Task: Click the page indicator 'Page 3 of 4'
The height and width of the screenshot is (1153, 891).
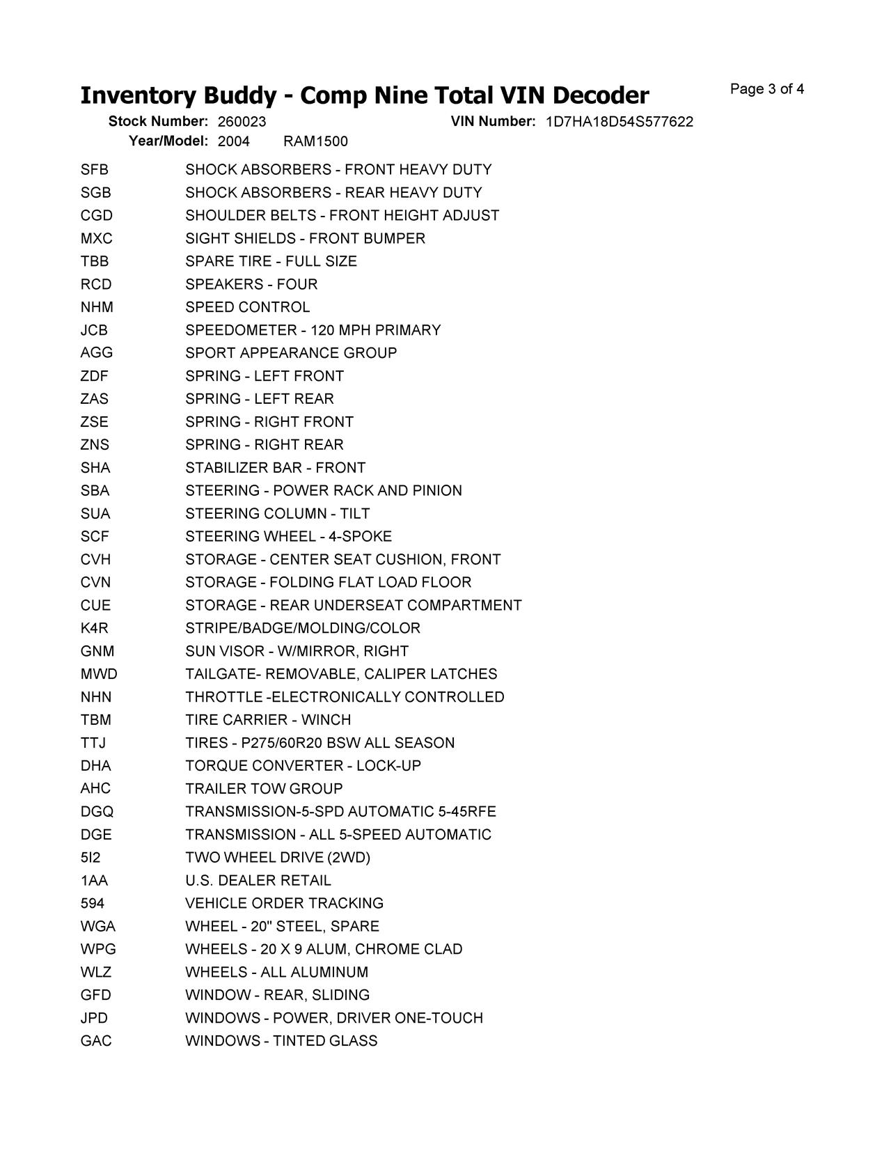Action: point(767,89)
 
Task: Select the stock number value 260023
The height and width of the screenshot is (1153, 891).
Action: point(242,122)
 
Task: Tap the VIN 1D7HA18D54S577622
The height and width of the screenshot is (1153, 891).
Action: point(619,122)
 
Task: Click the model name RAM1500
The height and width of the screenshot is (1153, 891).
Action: point(315,142)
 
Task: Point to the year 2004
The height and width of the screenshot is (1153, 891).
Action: point(233,142)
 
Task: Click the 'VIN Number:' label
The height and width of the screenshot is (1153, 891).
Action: point(493,121)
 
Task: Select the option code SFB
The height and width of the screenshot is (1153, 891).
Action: point(95,170)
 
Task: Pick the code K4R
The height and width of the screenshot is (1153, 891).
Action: point(95,629)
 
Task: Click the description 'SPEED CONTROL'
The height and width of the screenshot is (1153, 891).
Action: point(248,308)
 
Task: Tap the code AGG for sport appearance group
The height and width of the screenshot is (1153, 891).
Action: point(96,353)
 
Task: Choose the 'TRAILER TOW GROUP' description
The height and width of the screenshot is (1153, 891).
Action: point(264,789)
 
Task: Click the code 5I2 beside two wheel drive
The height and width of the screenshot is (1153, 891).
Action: point(90,858)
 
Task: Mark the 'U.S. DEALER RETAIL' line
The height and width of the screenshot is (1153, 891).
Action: point(258,881)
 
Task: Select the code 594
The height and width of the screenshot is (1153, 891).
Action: point(93,904)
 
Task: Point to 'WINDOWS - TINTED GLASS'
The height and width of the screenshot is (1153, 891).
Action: point(281,1042)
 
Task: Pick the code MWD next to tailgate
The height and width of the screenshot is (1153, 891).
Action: point(99,675)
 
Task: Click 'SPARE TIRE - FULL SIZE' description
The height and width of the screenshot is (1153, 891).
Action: point(271,262)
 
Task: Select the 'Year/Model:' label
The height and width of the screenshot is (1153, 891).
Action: point(168,141)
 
